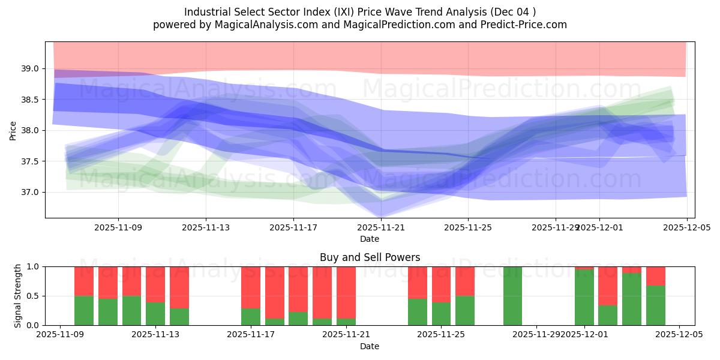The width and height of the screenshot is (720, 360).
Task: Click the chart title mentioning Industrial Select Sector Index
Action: click(x=360, y=12)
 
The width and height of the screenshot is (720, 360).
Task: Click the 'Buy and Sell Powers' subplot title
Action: click(x=370, y=257)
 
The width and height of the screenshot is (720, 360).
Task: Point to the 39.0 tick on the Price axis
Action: click(x=30, y=68)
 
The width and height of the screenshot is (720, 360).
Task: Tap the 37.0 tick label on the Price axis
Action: click(x=30, y=193)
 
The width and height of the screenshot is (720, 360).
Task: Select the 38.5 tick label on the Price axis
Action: click(x=30, y=100)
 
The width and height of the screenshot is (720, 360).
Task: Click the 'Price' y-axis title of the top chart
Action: click(x=13, y=130)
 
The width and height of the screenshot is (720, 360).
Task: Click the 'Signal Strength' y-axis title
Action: click(x=18, y=296)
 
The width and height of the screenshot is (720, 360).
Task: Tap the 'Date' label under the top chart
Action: click(x=370, y=239)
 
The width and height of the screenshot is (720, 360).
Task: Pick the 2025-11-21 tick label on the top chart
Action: click(x=381, y=227)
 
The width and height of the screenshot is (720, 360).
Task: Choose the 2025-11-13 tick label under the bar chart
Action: click(x=155, y=335)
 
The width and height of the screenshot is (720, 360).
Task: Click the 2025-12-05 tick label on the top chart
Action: click(x=686, y=227)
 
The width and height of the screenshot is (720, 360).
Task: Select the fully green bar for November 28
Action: click(x=512, y=296)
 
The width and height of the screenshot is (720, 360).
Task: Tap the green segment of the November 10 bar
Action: click(x=84, y=310)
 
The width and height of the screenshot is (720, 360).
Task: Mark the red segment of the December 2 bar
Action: click(x=608, y=286)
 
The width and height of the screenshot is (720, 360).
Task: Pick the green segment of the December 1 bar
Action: click(x=584, y=298)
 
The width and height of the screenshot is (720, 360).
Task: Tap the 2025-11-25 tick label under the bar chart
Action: click(x=441, y=335)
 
